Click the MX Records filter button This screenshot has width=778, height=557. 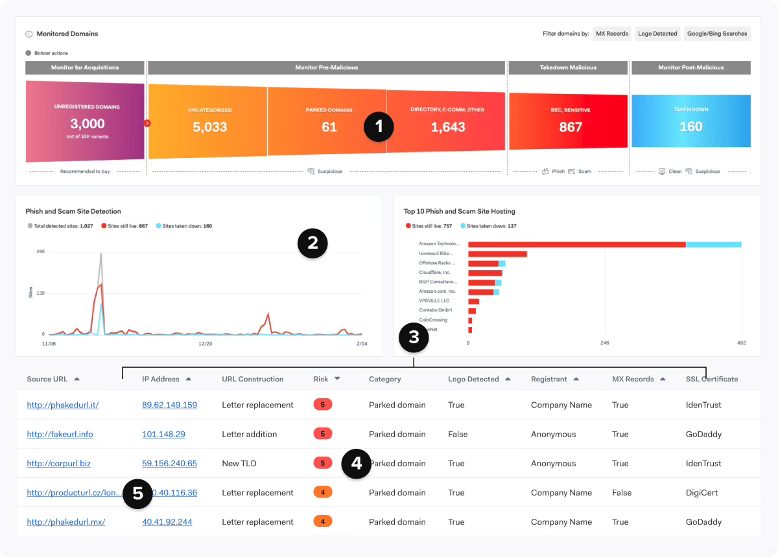[x=612, y=34]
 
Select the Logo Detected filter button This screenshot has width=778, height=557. [x=657, y=34]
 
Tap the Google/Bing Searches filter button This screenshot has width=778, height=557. [x=717, y=34]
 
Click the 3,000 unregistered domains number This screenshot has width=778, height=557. [x=87, y=124]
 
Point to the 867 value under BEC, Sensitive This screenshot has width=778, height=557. [x=571, y=127]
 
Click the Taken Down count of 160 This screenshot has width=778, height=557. [x=690, y=126]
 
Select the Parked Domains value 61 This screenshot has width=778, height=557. [x=329, y=127]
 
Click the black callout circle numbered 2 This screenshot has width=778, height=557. [x=312, y=244]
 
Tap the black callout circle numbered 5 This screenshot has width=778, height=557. [x=137, y=494]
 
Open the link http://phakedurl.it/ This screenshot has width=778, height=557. [x=63, y=405]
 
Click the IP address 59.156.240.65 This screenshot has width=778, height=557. [x=169, y=464]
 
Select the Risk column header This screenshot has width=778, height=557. [x=321, y=379]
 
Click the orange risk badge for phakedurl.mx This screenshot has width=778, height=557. [x=322, y=521]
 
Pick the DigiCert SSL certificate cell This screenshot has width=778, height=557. [x=701, y=493]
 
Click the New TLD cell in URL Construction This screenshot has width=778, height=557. [x=239, y=464]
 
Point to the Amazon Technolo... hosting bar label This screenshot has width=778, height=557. [x=439, y=244]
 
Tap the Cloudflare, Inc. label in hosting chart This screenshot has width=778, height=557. [x=434, y=273]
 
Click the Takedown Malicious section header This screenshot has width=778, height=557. [x=569, y=67]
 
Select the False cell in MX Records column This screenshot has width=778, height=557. [x=621, y=493]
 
